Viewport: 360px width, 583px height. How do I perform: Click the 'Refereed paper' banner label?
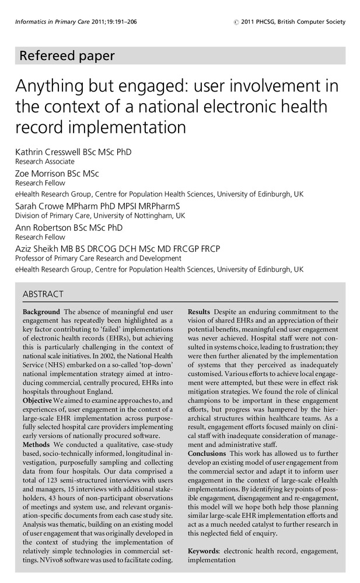tap(67, 56)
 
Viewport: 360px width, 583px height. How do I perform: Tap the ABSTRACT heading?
tap(43, 294)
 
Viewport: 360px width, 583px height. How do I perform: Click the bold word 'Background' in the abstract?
tap(41, 312)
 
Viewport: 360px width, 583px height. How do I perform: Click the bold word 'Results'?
tap(199, 312)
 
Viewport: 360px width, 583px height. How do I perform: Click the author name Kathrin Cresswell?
tap(54, 152)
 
